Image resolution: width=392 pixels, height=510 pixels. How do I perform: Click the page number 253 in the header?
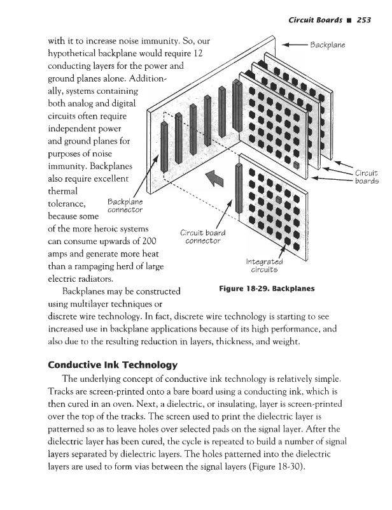(x=363, y=20)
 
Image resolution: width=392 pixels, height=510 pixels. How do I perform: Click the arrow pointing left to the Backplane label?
(x=293, y=46)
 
